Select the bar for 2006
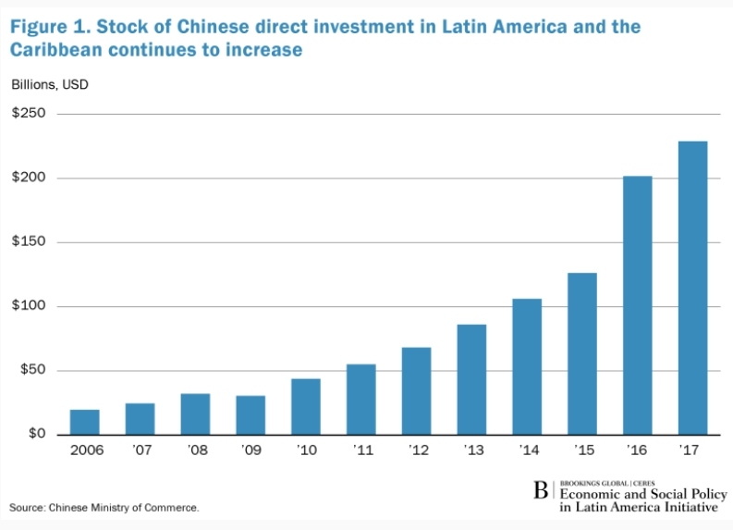84,422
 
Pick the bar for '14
527,367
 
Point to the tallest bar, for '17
692,288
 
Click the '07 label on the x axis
140,453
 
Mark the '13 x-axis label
471,453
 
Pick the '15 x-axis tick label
582,453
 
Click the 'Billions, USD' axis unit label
50,85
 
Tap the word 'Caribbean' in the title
59,49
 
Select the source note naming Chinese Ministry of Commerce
104,508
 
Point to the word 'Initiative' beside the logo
686,507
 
